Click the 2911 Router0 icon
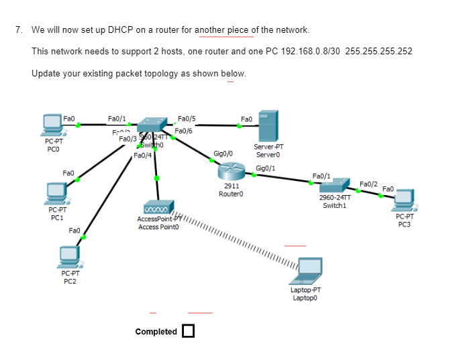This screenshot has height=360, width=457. pyautogui.click(x=231, y=172)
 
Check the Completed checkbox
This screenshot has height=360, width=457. pyautogui.click(x=188, y=331)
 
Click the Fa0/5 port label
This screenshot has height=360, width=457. pyautogui.click(x=187, y=119)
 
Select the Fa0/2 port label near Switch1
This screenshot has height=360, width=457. pyautogui.click(x=368, y=183)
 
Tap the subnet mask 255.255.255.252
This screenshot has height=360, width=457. pyautogui.click(x=378, y=52)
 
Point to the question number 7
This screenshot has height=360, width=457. pyautogui.click(x=19, y=30)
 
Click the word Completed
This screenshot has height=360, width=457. pyautogui.click(x=156, y=331)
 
